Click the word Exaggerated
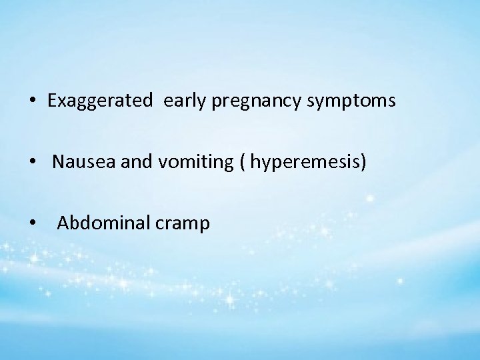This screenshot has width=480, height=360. [100, 101]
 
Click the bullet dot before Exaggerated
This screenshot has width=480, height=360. [33, 102]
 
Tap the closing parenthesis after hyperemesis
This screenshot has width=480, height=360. [363, 162]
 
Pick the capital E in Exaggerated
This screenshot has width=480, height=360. [52, 101]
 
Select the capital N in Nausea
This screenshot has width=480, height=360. [58, 162]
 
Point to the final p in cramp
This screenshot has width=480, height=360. [205, 225]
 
